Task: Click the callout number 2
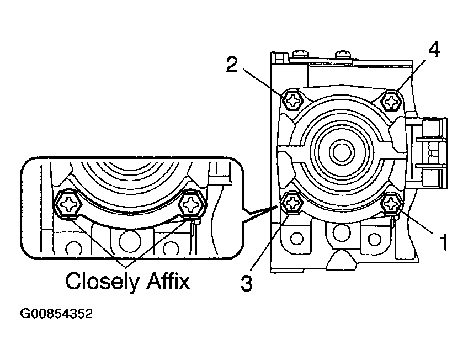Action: pos(232,65)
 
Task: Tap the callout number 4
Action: pos(434,50)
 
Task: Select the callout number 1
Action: pos(443,242)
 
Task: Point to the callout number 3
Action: pos(247,283)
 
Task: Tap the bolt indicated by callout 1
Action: pos(392,204)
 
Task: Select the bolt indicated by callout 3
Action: pos(292,203)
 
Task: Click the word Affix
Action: pos(168,280)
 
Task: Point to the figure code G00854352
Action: pos(56,314)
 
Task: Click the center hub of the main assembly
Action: pos(342,152)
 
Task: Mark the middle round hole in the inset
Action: pos(130,241)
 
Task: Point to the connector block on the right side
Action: pos(427,152)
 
